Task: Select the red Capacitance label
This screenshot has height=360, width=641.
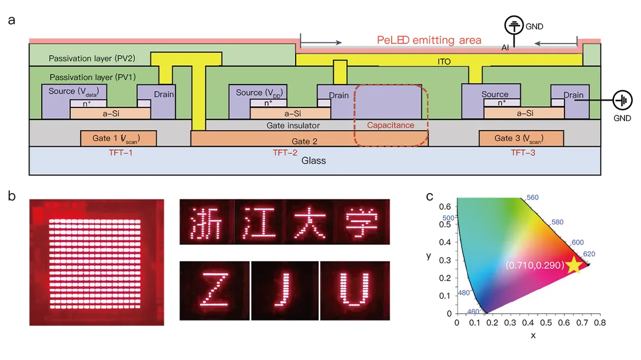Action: (x=390, y=125)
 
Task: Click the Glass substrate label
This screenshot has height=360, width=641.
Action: (x=314, y=161)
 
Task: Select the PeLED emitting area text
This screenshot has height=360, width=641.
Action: (x=429, y=41)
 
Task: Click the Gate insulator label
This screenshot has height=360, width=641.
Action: (x=293, y=125)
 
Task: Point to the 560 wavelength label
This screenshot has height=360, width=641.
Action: (x=533, y=197)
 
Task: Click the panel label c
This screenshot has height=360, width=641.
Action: (x=430, y=197)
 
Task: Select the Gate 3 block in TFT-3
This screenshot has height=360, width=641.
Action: (x=521, y=138)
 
